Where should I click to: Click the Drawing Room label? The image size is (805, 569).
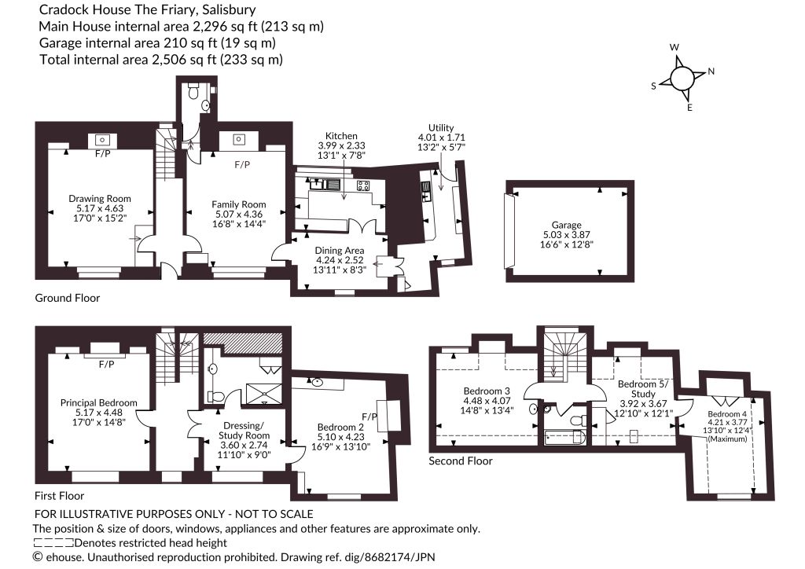(100, 199)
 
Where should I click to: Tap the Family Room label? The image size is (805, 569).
(239, 204)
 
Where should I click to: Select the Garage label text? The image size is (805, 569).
(566, 225)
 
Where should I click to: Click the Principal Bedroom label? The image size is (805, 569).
(98, 402)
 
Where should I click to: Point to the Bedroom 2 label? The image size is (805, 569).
(340, 427)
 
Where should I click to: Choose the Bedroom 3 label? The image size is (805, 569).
(487, 391)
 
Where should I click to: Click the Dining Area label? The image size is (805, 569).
(340, 251)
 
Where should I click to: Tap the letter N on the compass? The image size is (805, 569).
(711, 72)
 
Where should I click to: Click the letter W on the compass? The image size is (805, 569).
(675, 47)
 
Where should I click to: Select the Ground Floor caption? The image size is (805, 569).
(68, 298)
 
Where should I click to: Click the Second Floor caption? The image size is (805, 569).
(461, 461)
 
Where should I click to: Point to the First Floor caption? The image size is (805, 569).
(59, 496)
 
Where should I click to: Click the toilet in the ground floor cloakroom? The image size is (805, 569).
(193, 91)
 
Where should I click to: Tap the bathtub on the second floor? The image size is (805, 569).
(564, 438)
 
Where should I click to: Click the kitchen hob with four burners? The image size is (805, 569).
(363, 185)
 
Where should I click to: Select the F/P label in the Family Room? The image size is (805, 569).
(242, 165)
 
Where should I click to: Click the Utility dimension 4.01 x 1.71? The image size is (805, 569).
(441, 138)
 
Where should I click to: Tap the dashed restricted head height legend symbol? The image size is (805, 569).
(53, 543)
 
